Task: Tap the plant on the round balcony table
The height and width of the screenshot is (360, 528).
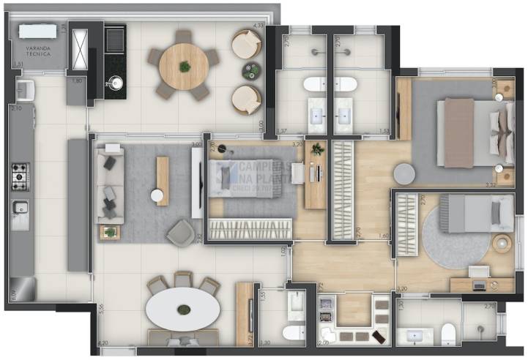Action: coord(184,67)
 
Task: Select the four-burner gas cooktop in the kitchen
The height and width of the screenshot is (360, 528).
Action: coord(20,176)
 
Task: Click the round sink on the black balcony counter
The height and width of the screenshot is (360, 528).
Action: coord(115,83)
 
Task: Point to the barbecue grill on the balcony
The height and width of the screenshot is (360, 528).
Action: coord(114,40)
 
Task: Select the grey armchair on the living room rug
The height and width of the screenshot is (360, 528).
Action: coord(180,233)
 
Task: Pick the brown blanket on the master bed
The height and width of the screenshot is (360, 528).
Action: coord(458,132)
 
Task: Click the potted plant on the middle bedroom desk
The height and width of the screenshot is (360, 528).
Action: coord(317,149)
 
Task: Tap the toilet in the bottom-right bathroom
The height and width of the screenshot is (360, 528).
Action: coord(447,336)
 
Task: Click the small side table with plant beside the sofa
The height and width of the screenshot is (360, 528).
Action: coord(110,232)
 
